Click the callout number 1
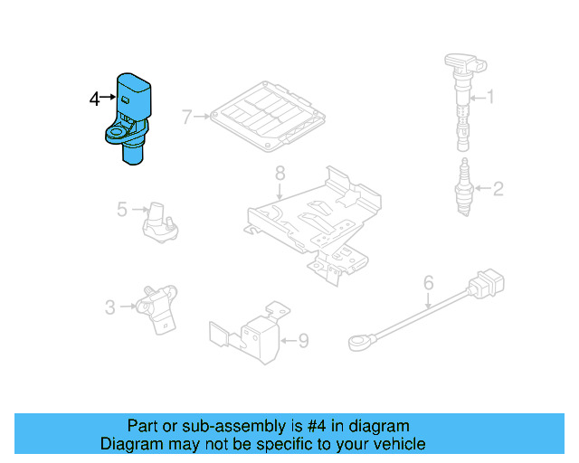491,97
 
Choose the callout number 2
497,188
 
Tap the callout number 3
109,307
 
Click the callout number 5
122,210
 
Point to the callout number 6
428,284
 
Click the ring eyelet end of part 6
359,342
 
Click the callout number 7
186,117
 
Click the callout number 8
280,172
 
